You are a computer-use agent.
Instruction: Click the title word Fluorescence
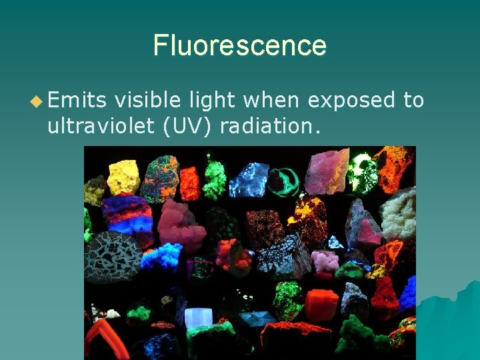pyautogui.click(x=240, y=45)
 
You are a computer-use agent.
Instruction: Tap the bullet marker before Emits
pyautogui.click(x=36, y=101)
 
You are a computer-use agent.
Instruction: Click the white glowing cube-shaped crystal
pyautogui.click(x=198, y=317)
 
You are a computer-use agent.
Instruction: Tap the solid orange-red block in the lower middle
pyautogui.click(x=321, y=305)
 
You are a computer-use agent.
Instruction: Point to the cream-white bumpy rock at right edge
pyautogui.click(x=399, y=213)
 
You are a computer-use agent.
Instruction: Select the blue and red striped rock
pyautogui.click(x=127, y=215)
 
